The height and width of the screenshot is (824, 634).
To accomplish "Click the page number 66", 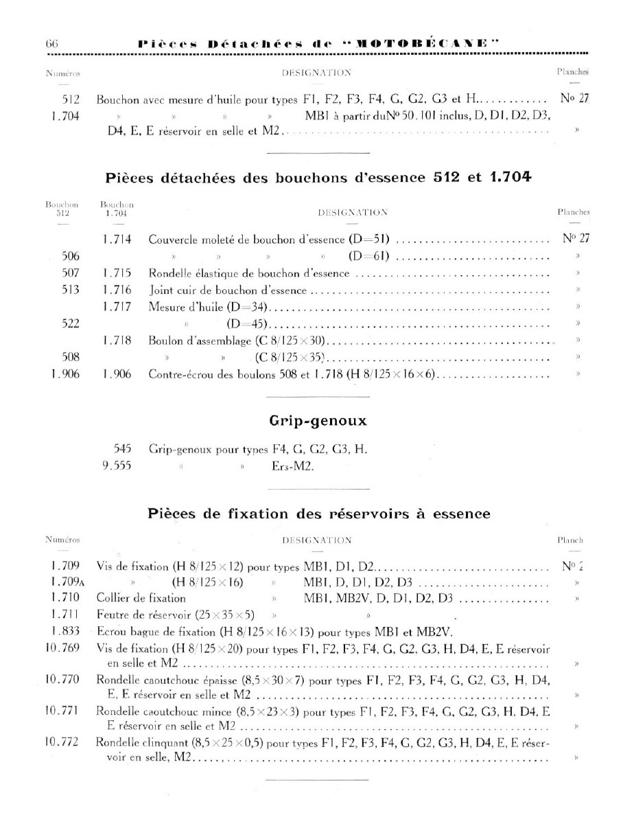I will click(51, 43).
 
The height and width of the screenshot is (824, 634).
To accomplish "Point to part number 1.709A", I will click(66, 582).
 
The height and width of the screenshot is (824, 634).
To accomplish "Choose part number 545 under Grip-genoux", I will click(122, 450).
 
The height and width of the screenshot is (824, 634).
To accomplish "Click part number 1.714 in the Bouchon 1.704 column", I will click(117, 240).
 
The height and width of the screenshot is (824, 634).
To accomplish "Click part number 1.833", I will click(66, 631).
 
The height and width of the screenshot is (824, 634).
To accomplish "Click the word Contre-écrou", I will click(179, 374).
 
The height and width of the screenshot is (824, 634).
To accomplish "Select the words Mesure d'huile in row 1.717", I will click(183, 307).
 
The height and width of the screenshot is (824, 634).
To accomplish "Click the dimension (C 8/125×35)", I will click(289, 357).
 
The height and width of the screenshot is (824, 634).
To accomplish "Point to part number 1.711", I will click(66, 615).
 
